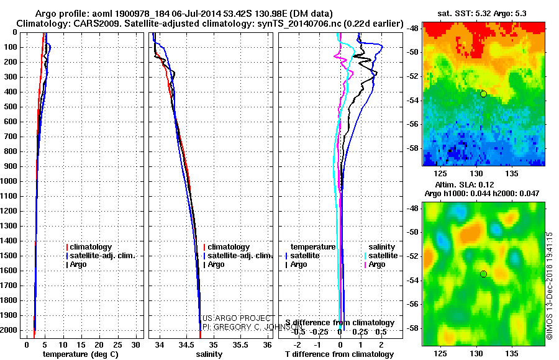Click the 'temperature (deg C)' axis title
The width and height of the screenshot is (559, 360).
pos(80,354)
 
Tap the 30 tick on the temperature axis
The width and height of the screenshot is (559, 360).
pos(137,344)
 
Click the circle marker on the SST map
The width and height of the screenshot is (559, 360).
pos(483,94)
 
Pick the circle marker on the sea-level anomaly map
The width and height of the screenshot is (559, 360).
pos(483,274)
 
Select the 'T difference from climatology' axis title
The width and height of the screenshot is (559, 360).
pos(340,354)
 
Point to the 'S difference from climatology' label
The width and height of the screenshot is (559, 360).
pos(340,323)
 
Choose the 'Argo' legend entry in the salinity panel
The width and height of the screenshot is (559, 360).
pos(216,264)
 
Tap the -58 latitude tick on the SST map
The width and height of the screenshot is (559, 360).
pos(412,148)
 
